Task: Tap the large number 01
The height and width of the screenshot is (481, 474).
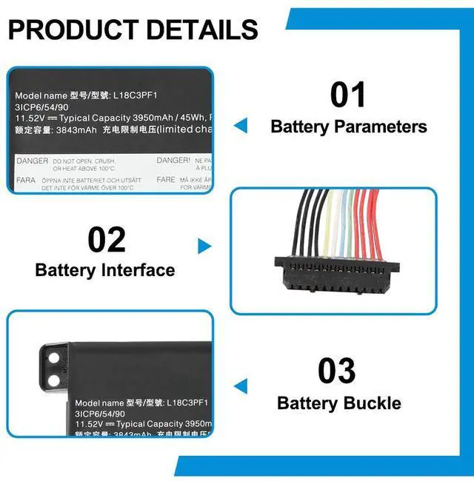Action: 348,95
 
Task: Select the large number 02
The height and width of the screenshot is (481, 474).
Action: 107,240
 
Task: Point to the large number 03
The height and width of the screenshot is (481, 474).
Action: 337,371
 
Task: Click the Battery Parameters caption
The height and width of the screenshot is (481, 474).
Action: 349,127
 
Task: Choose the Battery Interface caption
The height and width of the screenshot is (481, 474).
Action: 105,270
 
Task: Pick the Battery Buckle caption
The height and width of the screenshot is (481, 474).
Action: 339,403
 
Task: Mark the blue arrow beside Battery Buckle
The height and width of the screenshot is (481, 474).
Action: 240,386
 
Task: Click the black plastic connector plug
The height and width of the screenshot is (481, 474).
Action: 335,272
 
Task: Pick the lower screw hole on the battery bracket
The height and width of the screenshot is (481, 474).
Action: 53,380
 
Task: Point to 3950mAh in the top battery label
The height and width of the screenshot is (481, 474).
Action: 155,118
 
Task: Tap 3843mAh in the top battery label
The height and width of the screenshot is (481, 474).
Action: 77,129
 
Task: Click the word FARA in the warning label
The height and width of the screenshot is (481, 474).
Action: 27,179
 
